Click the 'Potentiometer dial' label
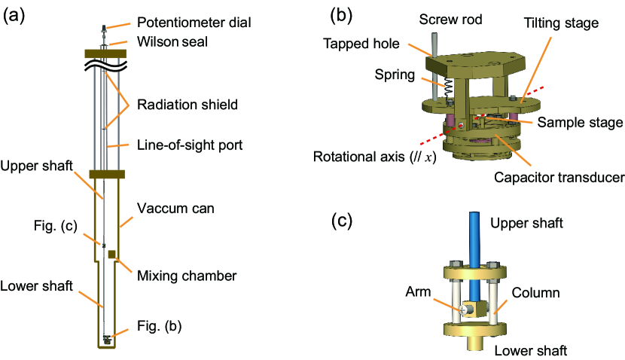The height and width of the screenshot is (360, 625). click(194, 23)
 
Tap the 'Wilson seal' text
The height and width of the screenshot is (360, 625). click(172, 41)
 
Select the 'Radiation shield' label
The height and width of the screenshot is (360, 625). click(187, 105)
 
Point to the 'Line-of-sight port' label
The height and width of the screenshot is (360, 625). click(190, 145)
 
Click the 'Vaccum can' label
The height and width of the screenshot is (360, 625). click(175, 208)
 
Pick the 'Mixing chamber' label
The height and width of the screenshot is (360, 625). click(187, 276)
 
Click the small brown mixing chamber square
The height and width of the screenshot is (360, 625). click(112, 254)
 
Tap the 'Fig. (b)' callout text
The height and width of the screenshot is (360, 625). click(160, 326)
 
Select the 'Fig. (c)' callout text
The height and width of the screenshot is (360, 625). click(56, 226)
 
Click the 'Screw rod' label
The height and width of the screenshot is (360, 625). click(450, 19)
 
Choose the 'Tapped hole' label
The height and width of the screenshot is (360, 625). click(361, 44)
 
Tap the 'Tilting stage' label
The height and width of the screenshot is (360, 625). click(561, 23)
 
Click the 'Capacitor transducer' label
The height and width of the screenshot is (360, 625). click(559, 177)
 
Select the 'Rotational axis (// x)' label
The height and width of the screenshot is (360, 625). click(375, 157)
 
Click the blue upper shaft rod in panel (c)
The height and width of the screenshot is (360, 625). click(474, 255)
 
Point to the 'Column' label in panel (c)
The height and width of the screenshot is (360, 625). click(535, 293)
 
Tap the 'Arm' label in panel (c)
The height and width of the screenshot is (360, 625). click(418, 291)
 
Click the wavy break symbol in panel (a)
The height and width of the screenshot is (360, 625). click(105, 66)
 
